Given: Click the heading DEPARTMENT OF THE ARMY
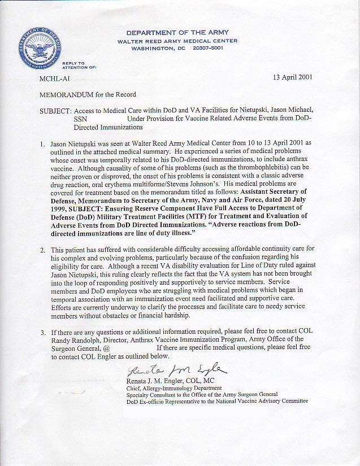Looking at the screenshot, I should pos(177,33).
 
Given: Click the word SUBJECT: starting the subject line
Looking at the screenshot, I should pos(55,111).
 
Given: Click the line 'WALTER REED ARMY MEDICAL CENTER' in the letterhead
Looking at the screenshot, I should pos(177,41).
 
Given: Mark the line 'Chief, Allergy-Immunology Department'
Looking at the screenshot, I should pos(174,388).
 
